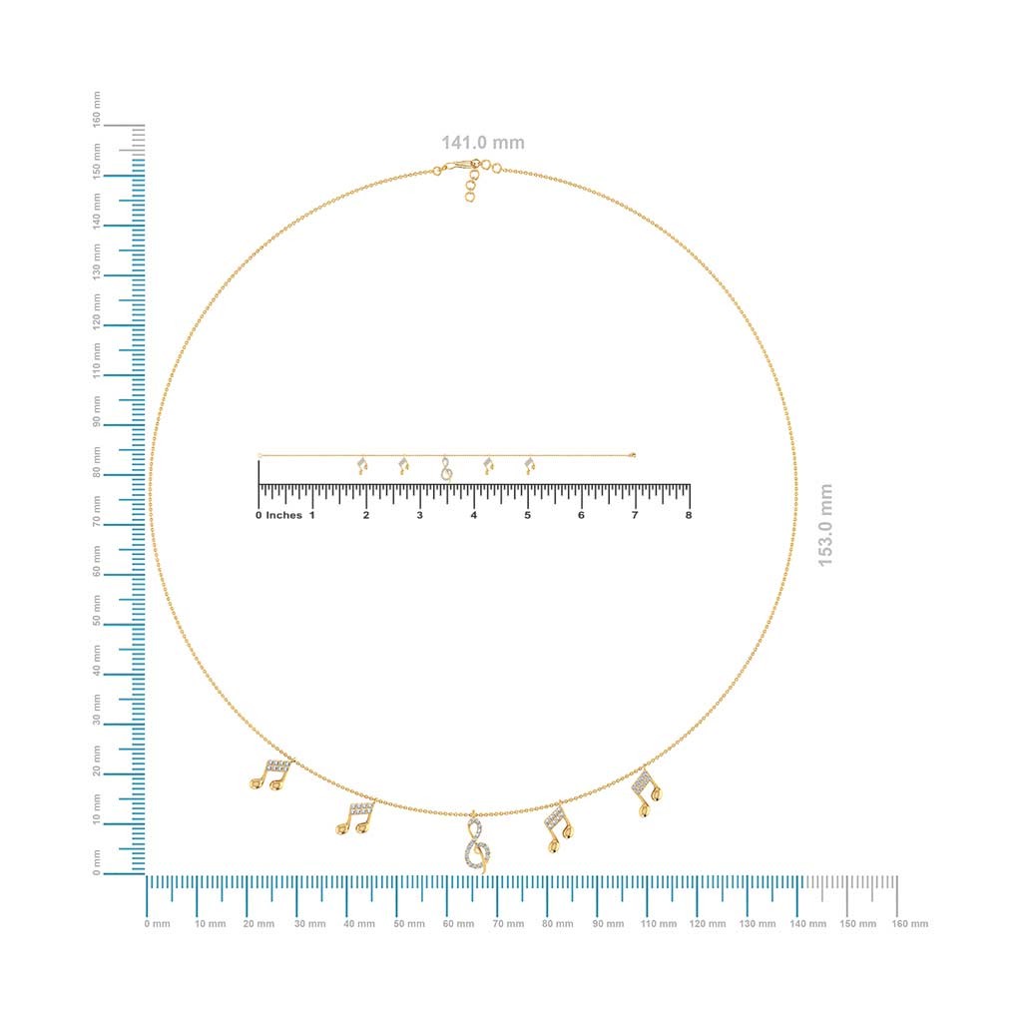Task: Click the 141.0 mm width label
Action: (482, 143)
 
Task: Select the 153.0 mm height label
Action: (825, 525)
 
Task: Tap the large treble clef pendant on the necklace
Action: (477, 842)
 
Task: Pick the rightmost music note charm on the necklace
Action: (647, 791)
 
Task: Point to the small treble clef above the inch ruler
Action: (446, 469)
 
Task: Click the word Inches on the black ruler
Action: (284, 515)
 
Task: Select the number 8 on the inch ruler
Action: (689, 515)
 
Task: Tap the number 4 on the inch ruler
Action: (474, 515)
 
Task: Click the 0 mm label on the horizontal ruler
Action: (157, 923)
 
